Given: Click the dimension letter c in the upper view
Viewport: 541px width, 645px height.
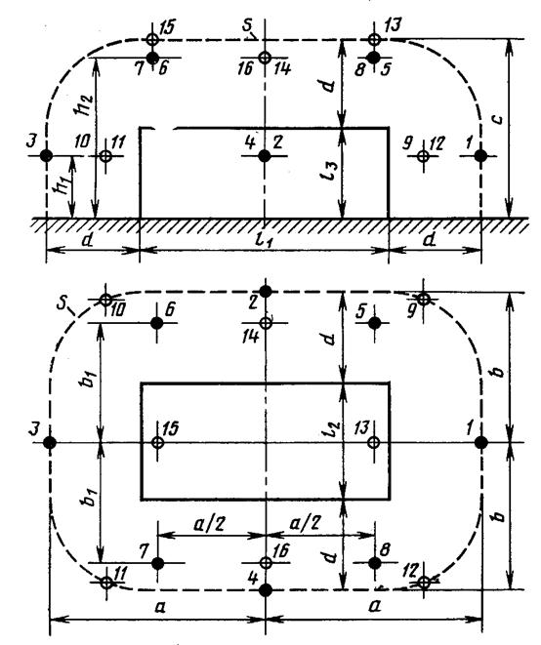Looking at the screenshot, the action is [x=498, y=119].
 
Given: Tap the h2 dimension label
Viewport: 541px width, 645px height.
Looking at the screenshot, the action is [x=84, y=105].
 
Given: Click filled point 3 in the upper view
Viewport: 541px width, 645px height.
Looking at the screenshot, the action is [x=46, y=156].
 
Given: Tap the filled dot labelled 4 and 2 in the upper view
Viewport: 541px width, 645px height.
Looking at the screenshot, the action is [x=265, y=156].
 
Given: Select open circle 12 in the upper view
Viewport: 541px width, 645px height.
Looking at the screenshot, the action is [x=423, y=156].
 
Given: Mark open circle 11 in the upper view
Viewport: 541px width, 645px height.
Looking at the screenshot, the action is [x=105, y=156].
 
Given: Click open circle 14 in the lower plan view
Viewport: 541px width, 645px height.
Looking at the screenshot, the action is [x=266, y=323].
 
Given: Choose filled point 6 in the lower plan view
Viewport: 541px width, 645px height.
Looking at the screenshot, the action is [x=157, y=323].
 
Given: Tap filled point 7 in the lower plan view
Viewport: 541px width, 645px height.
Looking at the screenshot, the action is [x=157, y=563].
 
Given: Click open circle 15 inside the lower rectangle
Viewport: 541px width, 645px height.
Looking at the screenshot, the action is [x=157, y=443].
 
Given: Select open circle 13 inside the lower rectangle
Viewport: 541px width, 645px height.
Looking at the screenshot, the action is [x=373, y=443].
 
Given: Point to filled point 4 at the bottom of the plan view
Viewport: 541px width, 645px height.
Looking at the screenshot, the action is [x=266, y=590].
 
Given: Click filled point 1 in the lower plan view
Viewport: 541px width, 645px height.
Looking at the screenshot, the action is [x=481, y=443].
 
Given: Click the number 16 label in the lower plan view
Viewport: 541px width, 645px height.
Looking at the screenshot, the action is [x=281, y=550].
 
